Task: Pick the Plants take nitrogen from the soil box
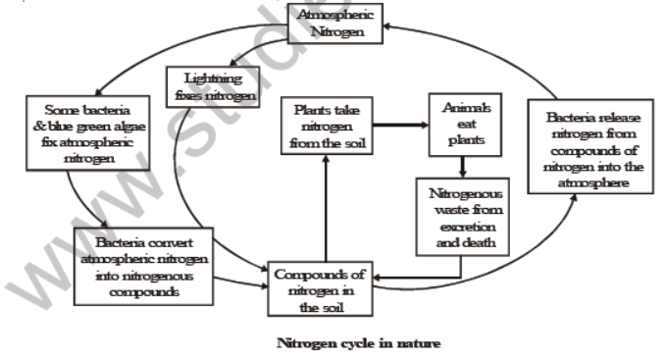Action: pos(324,125)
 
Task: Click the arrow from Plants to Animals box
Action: pos(397,125)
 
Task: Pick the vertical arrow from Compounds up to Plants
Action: pos(325,207)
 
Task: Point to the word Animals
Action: pos(458,107)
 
